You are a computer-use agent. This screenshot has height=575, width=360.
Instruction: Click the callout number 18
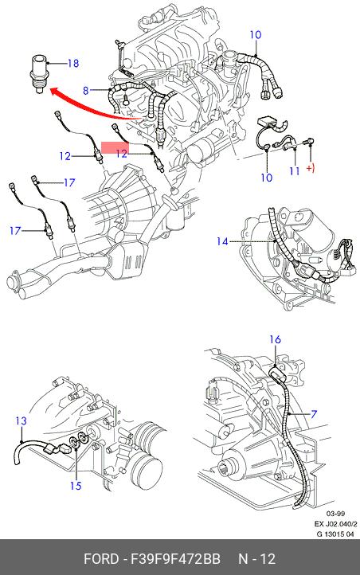73,64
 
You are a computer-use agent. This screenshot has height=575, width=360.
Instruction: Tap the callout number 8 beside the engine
86,90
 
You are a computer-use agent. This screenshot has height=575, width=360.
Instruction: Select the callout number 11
295,171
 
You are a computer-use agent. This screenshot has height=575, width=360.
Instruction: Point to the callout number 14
222,241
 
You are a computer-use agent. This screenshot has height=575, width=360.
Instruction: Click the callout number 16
275,339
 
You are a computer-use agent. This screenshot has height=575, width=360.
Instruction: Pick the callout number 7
314,414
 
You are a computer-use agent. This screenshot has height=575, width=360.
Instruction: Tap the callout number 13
22,421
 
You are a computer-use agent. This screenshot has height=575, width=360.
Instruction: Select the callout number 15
76,486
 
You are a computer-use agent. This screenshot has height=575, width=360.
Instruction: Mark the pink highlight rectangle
115,147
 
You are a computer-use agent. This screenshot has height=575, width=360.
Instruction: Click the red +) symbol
311,169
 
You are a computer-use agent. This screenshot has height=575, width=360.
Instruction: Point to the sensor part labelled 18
38,74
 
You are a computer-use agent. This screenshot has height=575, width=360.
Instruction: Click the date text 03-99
335,514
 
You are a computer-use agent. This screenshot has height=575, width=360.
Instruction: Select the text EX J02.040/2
335,524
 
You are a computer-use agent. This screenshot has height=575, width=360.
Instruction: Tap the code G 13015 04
335,534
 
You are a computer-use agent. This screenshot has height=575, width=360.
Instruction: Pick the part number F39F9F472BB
175,559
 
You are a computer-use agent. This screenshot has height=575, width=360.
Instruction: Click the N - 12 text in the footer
256,559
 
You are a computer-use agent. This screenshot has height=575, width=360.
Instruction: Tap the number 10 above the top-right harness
256,35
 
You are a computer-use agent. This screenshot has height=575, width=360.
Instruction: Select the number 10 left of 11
267,178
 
